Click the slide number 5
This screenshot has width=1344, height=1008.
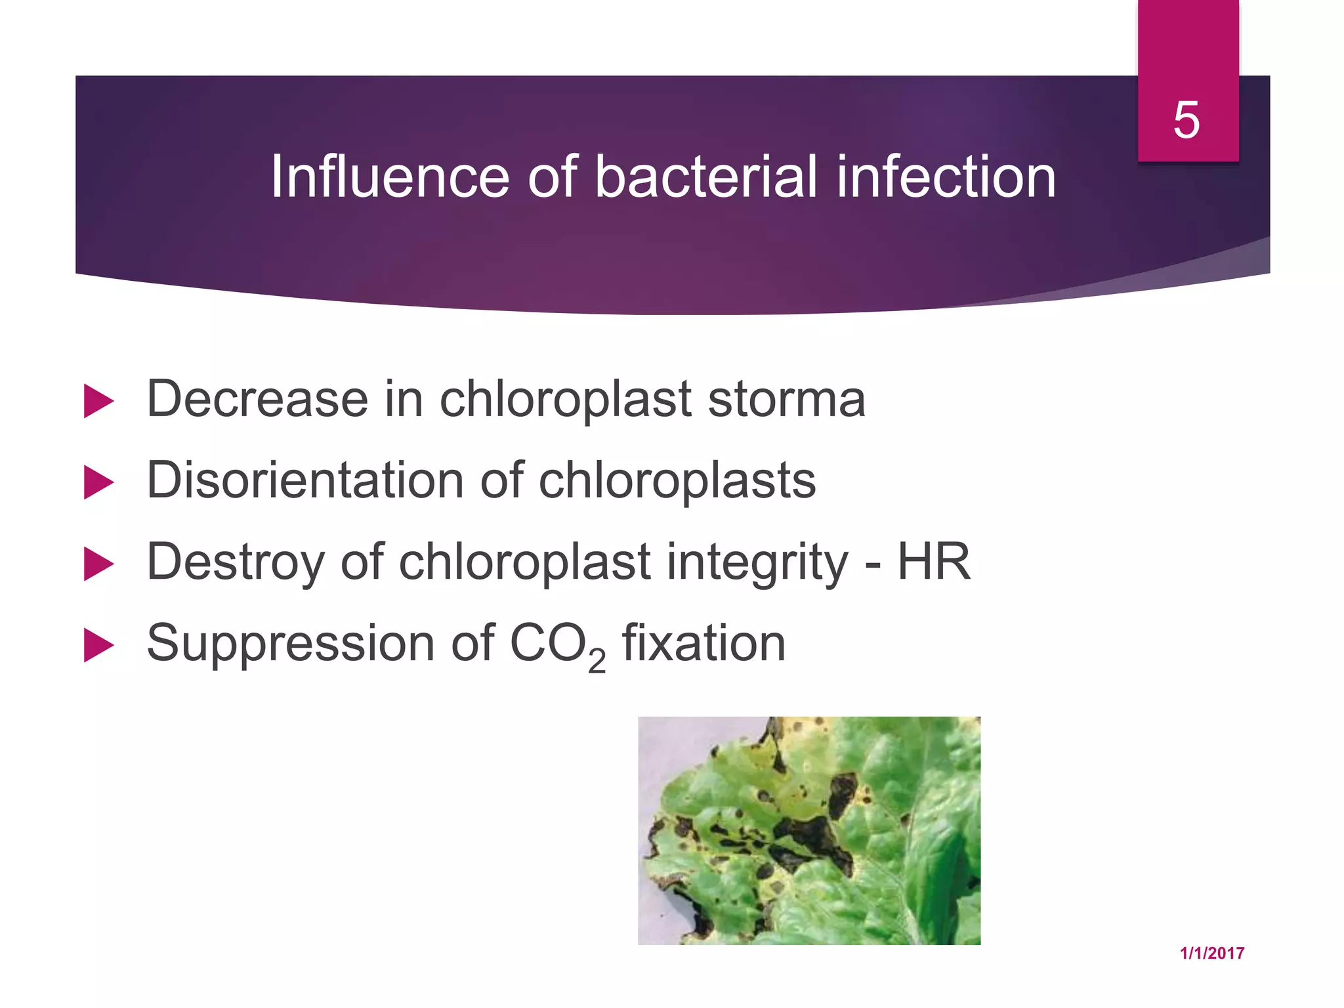pos(1186,120)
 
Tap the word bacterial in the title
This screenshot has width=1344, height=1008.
pos(705,177)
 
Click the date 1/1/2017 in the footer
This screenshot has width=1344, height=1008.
pos(1211,954)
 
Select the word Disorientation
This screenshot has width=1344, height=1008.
pos(305,480)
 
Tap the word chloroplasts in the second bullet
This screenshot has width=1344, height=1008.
pos(677,480)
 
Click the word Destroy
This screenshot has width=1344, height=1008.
pos(235,562)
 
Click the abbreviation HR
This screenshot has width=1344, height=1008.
pos(934,562)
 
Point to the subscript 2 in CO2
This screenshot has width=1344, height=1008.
pos(597,661)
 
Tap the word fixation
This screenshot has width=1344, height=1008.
pos(703,643)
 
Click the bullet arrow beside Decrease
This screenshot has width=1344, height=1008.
pos(98,401)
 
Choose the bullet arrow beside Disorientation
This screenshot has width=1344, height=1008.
pos(98,483)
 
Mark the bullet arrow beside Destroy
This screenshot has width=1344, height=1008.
pos(98,564)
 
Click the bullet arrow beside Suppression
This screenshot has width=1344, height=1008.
pos(98,646)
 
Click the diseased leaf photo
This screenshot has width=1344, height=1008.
pos(809,830)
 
